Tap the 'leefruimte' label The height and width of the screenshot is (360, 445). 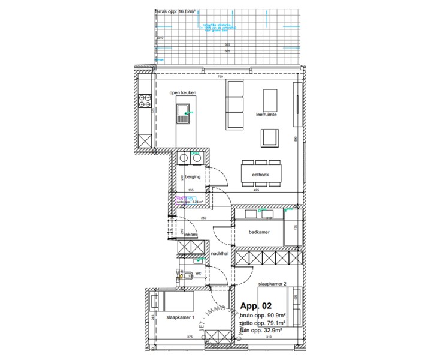click(x=266, y=114)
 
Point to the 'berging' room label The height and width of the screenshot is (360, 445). click(x=192, y=178)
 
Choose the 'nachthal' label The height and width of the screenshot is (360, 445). click(x=220, y=254)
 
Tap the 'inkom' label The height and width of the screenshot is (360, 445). click(x=191, y=234)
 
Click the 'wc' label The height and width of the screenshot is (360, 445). click(x=198, y=273)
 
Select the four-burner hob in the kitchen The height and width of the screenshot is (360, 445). click(x=145, y=101)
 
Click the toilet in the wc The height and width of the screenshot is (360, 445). click(x=185, y=276)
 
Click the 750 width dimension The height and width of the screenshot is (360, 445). click(x=220, y=77)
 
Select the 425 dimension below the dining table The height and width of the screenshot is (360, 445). click(x=256, y=191)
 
